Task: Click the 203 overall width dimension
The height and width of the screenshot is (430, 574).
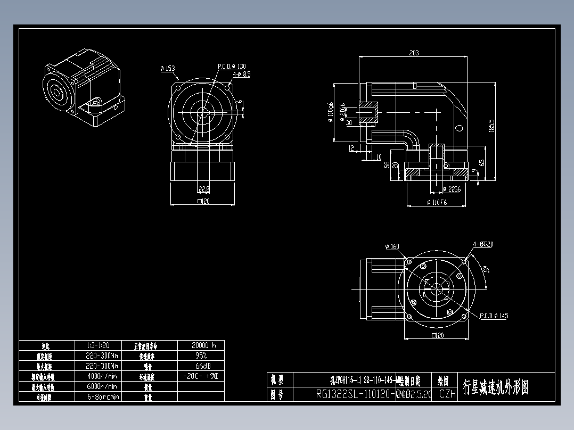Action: [414, 53]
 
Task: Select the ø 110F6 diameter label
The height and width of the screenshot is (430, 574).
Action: [437, 203]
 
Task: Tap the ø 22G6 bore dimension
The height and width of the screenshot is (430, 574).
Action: [452, 189]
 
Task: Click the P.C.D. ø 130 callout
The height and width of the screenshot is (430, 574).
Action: [232, 67]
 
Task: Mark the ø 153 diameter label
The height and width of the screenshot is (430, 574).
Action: [167, 69]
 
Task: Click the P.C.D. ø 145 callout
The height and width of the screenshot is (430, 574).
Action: [494, 316]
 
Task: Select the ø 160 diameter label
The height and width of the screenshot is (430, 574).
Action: [392, 246]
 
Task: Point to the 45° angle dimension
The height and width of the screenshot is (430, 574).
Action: [486, 269]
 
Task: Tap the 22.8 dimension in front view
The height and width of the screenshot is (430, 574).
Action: [203, 189]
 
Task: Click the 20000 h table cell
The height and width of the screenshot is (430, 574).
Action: [200, 345]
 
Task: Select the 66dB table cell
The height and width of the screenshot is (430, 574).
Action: [200, 366]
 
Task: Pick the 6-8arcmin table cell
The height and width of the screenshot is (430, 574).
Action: [102, 397]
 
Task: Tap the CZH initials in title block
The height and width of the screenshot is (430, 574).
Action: [447, 394]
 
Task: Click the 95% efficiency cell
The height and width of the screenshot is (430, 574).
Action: [200, 355]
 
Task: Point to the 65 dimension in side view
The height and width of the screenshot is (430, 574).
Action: [482, 162]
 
